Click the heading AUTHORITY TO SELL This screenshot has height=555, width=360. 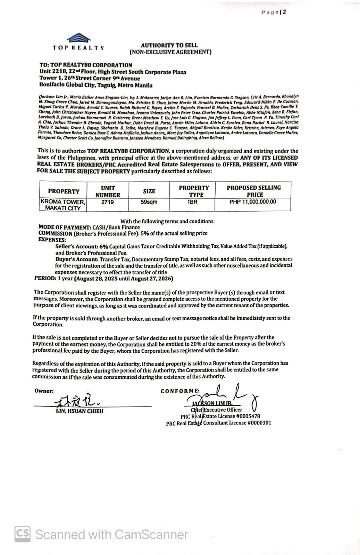pos(169,45)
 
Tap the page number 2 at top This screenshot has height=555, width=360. pos(284,12)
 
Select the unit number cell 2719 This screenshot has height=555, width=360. pos(107,202)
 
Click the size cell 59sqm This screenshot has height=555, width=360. pos(149,202)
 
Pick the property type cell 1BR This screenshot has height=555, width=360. pos(192,202)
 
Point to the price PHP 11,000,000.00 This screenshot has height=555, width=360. pos(253,202)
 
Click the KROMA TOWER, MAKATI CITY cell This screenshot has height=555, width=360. pos(63,205)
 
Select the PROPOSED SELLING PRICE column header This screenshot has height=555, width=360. pos(254,191)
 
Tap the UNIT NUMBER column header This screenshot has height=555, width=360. pos(108,191)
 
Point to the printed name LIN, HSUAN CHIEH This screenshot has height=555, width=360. pos(79,411)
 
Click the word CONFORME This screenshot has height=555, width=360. pos(180,391)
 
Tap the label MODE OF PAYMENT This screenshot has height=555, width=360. pos(64,227)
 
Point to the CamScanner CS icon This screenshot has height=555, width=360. pos(23,534)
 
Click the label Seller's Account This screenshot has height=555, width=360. pos(76,246)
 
